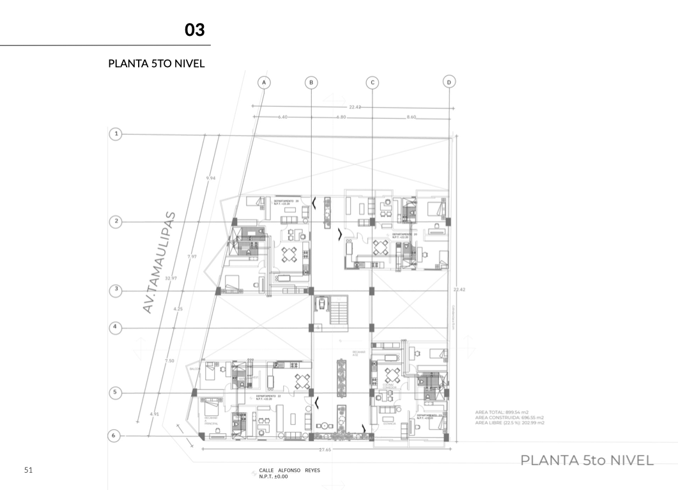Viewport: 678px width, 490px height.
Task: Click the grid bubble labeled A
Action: click(263, 82)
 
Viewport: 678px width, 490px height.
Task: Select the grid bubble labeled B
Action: click(311, 82)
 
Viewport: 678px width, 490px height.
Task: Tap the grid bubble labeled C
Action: click(372, 82)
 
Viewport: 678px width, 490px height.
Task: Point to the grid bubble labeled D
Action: click(449, 82)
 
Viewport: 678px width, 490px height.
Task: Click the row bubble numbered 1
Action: click(116, 134)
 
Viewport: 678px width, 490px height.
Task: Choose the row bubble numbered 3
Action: click(116, 289)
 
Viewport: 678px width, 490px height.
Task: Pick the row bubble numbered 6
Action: click(114, 436)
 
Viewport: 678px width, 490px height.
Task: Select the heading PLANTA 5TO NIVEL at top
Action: click(157, 64)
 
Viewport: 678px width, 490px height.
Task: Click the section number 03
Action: click(194, 30)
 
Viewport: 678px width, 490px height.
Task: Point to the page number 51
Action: click(28, 471)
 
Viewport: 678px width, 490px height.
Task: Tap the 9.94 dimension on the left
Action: click(211, 178)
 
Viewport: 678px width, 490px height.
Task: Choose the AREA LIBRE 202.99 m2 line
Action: click(510, 423)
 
